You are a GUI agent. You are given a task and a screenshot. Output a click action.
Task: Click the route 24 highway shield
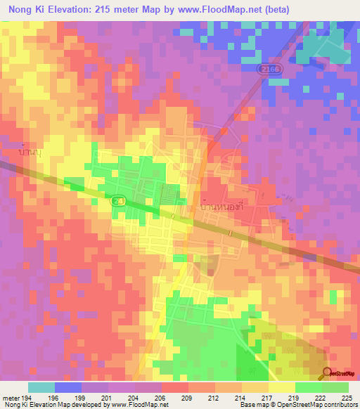[117, 200]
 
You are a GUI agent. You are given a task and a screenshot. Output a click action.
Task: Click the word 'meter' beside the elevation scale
[11, 396]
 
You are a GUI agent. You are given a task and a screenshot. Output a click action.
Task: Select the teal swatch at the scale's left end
[41, 387]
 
